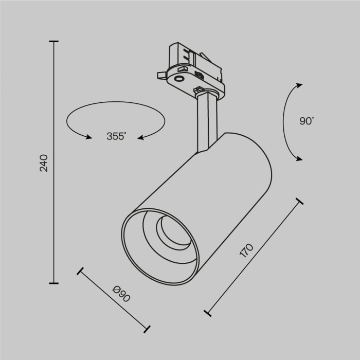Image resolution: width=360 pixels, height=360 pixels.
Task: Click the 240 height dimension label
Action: (x=44, y=163)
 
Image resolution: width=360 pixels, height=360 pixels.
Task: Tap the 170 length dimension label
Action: (x=247, y=250)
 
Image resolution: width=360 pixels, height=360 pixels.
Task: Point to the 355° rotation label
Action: (x=117, y=136)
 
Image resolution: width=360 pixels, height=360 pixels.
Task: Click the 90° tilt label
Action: (x=306, y=121)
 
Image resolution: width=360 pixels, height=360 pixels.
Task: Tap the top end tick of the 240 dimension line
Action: (x=53, y=42)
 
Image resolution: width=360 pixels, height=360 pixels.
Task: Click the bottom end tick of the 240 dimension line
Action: (x=53, y=283)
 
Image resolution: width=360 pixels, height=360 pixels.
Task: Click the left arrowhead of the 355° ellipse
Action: (x=88, y=137)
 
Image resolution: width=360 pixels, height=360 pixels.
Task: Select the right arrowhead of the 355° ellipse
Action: (x=140, y=137)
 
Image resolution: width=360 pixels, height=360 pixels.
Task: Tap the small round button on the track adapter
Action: (x=179, y=78)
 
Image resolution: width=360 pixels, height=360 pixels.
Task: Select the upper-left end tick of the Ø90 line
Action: (x=80, y=271)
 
